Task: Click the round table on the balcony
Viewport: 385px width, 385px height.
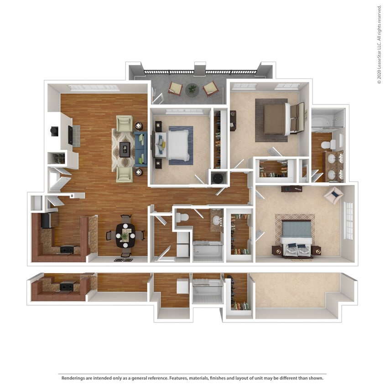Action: [192, 89]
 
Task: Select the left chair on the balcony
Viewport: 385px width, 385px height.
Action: [175, 88]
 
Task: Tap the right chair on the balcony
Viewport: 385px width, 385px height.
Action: [211, 88]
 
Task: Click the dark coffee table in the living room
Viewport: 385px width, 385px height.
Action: [125, 149]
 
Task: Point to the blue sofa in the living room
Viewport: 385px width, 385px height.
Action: [141, 149]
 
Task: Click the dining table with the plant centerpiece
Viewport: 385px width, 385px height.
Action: [125, 235]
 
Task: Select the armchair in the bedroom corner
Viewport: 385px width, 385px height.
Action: [334, 195]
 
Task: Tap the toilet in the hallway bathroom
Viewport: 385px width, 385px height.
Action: [182, 218]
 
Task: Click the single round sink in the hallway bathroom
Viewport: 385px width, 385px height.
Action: [216, 221]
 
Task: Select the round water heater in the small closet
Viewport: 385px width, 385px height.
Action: [218, 177]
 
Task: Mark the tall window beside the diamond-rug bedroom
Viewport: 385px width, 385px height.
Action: [349, 221]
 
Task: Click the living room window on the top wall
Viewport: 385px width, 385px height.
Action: [94, 88]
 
